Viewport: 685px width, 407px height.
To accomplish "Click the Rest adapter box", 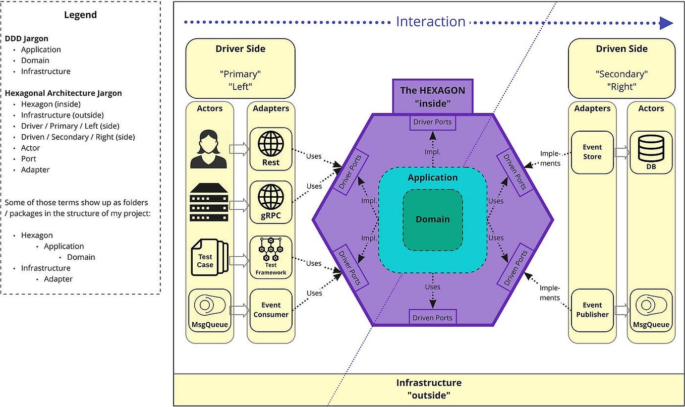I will click(x=271, y=149).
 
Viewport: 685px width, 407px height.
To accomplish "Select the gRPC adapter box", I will click(x=271, y=202).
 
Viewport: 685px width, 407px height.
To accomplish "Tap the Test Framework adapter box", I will click(x=271, y=257).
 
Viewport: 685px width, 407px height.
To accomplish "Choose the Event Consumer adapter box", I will click(x=271, y=310).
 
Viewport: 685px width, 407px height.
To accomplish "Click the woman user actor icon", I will click(x=209, y=149).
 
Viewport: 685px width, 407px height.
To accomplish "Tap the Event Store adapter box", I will click(x=592, y=152).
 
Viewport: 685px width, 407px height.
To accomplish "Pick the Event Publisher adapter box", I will click(x=592, y=310).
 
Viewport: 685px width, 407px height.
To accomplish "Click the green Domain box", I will click(x=432, y=219).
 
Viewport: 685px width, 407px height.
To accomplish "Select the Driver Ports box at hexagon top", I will click(x=432, y=122).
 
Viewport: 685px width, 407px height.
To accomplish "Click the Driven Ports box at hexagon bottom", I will click(x=432, y=318).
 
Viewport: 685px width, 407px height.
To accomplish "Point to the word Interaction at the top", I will click(x=430, y=22).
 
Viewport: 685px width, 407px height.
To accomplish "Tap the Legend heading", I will click(x=80, y=15).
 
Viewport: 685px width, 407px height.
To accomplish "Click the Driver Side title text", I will click(x=240, y=49).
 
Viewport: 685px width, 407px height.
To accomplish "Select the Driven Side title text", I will click(x=621, y=49).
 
